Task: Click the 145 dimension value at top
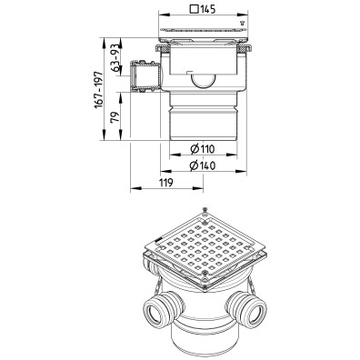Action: (207, 9)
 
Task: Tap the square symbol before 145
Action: (194, 9)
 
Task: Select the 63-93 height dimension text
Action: (115, 57)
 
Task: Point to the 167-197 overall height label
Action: (98, 90)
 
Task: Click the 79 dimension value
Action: (115, 117)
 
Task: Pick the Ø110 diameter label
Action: (203, 149)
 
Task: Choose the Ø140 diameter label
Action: (203, 165)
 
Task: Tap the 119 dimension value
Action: (165, 183)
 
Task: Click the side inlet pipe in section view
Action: (145, 75)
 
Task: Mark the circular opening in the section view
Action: (203, 81)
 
